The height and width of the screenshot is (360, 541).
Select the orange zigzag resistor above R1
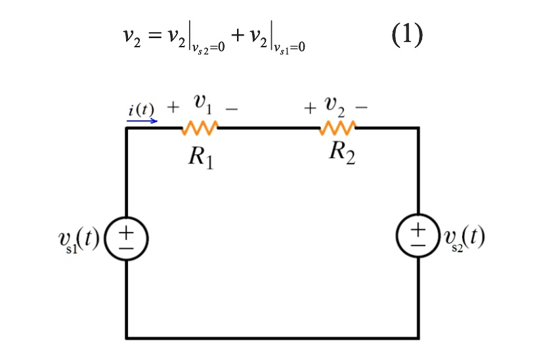(x=200, y=127)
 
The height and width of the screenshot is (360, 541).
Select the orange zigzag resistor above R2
(x=337, y=127)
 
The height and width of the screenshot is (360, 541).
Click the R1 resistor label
(x=200, y=158)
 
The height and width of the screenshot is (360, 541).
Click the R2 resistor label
(x=342, y=152)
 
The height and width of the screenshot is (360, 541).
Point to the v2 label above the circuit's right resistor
(x=336, y=104)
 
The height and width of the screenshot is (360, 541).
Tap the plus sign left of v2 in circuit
(x=309, y=106)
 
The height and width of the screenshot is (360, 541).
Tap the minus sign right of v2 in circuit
(x=362, y=106)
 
